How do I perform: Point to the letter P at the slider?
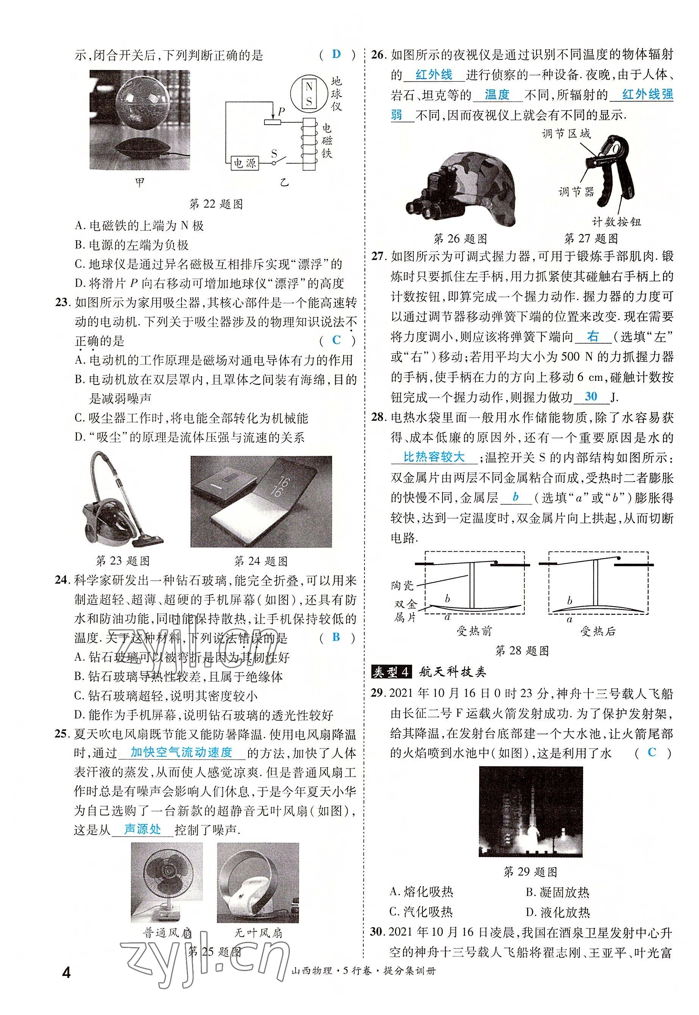[281, 112]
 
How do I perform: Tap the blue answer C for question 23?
[336, 340]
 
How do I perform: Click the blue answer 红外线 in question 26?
[433, 75]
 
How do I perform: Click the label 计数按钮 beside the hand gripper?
[616, 222]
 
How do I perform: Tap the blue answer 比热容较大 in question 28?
[433, 458]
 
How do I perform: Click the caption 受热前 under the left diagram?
[474, 631]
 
